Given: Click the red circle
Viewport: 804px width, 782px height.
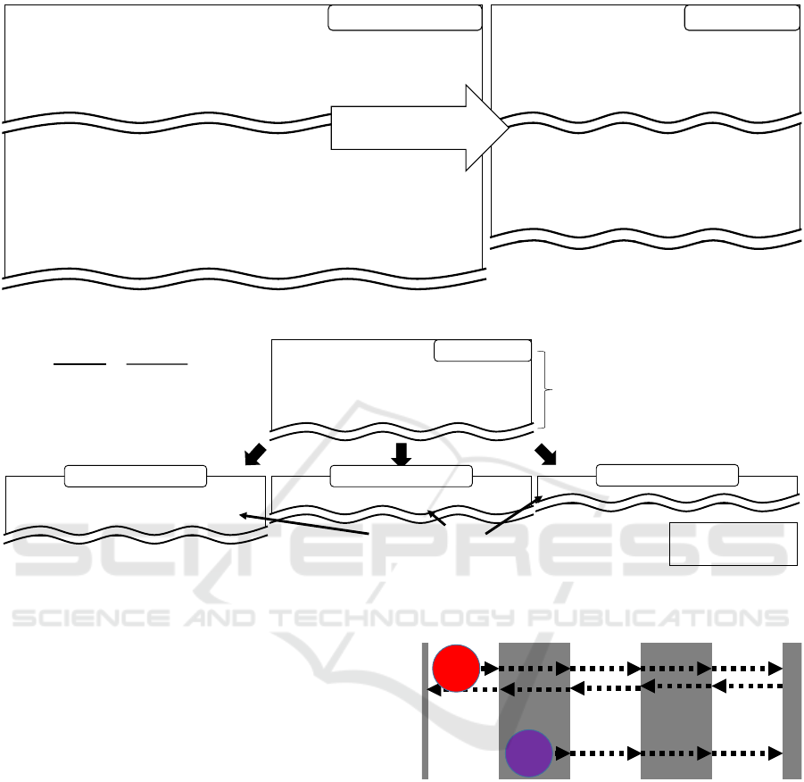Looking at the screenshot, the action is pyautogui.click(x=456, y=668).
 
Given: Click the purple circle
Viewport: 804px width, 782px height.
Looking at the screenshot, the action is pyautogui.click(x=528, y=753).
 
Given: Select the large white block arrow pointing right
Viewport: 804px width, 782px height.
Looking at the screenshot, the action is pyautogui.click(x=420, y=128).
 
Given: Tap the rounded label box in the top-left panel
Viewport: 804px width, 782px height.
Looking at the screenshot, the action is pyautogui.click(x=404, y=18).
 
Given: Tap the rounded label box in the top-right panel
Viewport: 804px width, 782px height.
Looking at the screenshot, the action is pyautogui.click(x=742, y=18).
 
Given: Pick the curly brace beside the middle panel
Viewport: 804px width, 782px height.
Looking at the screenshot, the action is pyautogui.click(x=544, y=390).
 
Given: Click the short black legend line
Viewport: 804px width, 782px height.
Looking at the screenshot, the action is pyautogui.click(x=79, y=364).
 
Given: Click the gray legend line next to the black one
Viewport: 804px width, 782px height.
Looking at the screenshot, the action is pyautogui.click(x=157, y=364).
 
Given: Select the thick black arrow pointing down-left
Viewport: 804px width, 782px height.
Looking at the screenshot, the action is pyautogui.click(x=255, y=454).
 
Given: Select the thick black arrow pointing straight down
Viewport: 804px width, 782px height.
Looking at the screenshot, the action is pyautogui.click(x=401, y=454).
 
